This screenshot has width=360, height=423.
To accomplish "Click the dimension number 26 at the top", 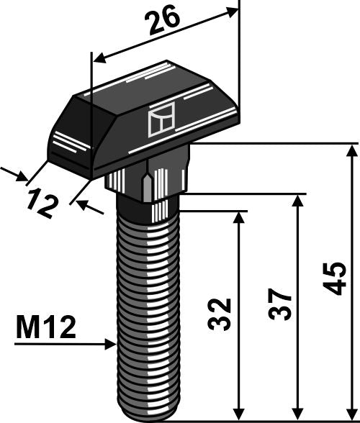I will coord(163,25).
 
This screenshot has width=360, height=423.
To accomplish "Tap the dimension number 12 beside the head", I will coord(44,203).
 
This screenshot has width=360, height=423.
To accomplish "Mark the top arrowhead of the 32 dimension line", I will coord(237,216).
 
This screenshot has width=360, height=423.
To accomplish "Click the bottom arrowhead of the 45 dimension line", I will coord(351,411).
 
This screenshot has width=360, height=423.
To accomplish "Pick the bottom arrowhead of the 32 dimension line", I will coord(237,411).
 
